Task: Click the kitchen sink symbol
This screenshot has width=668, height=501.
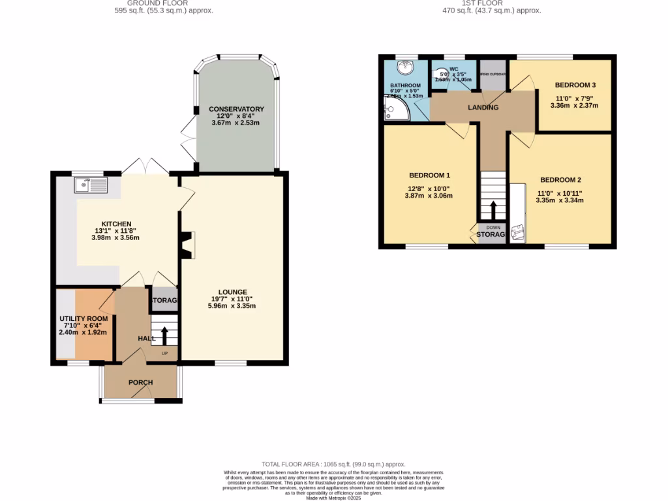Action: click(91, 186)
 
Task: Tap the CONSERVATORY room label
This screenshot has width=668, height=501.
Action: click(236, 109)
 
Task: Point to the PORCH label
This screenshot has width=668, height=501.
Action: click(140, 382)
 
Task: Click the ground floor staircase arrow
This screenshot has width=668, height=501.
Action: click(164, 336)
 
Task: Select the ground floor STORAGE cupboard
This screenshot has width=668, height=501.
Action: click(164, 300)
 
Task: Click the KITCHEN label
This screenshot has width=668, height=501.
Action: click(116, 224)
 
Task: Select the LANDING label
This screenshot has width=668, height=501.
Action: click(483, 108)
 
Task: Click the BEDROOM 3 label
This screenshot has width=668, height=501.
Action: click(575, 85)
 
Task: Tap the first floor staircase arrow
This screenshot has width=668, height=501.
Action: click(493, 210)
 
